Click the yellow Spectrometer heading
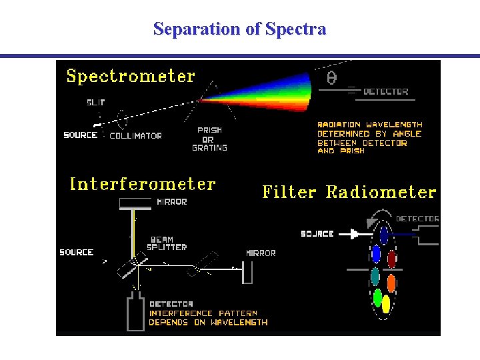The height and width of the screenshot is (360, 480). click(131, 76)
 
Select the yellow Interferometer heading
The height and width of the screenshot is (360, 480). click(143, 184)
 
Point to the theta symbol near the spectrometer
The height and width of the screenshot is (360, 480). click(331, 78)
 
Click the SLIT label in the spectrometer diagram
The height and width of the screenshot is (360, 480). click(95, 102)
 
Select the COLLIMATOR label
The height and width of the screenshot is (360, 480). click(135, 135)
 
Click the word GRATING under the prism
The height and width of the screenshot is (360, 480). click(209, 147)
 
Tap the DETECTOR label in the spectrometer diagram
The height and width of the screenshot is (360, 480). click(386, 92)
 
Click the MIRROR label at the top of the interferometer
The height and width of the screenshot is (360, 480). click(171, 202)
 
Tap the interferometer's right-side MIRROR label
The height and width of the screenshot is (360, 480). click(261, 253)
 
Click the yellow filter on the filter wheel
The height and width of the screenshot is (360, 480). click(385, 304)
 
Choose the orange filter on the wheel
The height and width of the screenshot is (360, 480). click(391, 283)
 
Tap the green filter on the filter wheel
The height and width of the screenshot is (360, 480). click(377, 297)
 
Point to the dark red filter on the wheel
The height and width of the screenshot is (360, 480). click(392, 258)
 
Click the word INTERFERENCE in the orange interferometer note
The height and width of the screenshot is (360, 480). click(181, 313)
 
